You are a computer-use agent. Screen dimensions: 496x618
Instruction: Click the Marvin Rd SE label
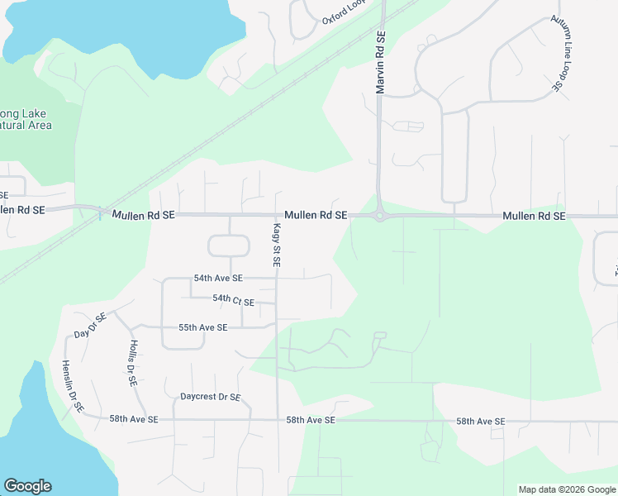[x=381, y=63]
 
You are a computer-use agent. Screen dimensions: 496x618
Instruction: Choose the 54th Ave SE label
[x=218, y=279]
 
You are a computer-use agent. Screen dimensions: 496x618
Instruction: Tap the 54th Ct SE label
[x=233, y=299]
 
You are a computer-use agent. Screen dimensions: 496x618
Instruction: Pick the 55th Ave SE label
[x=203, y=327]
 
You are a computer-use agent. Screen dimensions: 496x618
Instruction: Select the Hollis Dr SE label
[x=131, y=364]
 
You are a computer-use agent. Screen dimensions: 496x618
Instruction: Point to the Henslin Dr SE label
[x=72, y=385]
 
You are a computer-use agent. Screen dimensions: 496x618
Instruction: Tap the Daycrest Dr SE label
[x=210, y=397]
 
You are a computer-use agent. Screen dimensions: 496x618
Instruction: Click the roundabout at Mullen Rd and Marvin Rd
[x=380, y=217]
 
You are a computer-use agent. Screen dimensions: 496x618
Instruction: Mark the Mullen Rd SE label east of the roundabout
[x=534, y=216]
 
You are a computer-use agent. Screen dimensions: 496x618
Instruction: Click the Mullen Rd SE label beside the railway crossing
[x=145, y=215]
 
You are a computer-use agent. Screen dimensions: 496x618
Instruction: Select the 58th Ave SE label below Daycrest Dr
[x=133, y=419]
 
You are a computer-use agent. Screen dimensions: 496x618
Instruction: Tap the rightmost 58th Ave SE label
[x=480, y=422]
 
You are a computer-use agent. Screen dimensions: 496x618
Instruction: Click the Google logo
[x=27, y=486]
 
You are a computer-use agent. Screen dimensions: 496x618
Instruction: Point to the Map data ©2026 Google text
[x=567, y=489]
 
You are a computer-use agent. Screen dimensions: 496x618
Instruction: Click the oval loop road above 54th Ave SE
[x=229, y=246]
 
